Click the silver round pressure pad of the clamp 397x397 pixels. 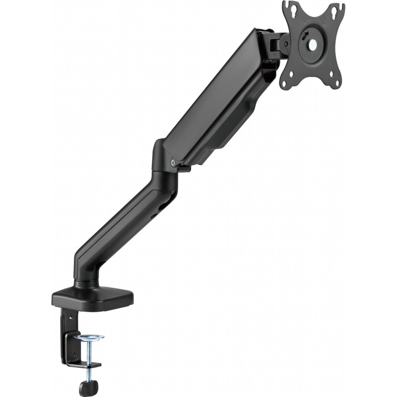(89, 338)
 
